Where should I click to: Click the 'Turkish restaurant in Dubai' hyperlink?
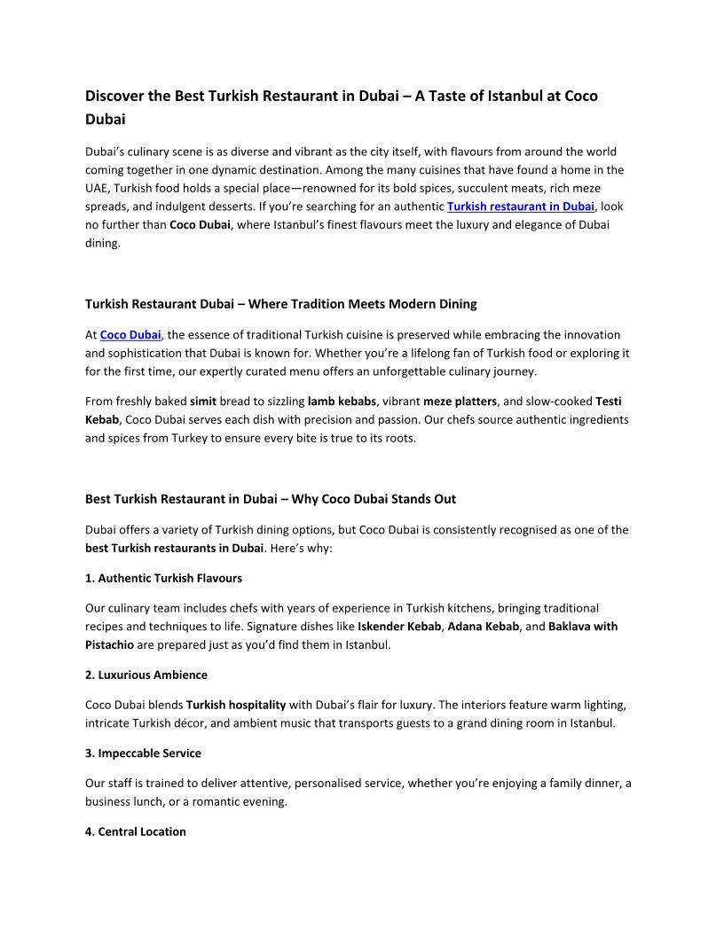click(520, 207)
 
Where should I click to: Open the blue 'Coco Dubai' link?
click(130, 335)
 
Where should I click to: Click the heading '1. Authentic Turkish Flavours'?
click(163, 578)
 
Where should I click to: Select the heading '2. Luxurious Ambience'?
click(146, 675)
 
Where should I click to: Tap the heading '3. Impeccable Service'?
click(143, 753)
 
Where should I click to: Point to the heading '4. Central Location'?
click(136, 831)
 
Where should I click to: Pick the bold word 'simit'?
click(203, 401)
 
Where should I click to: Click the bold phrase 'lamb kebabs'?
click(342, 401)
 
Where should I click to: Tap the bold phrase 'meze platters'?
click(460, 401)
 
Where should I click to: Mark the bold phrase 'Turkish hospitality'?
click(236, 705)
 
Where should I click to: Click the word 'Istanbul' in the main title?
click(522, 96)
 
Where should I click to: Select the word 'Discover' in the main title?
click(116, 96)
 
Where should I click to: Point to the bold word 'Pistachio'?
click(109, 644)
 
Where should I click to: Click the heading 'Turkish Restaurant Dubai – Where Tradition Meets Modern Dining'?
click(280, 304)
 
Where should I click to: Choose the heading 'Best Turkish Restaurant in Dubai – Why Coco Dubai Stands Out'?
click(271, 499)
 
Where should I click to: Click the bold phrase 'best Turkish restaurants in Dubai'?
click(174, 548)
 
